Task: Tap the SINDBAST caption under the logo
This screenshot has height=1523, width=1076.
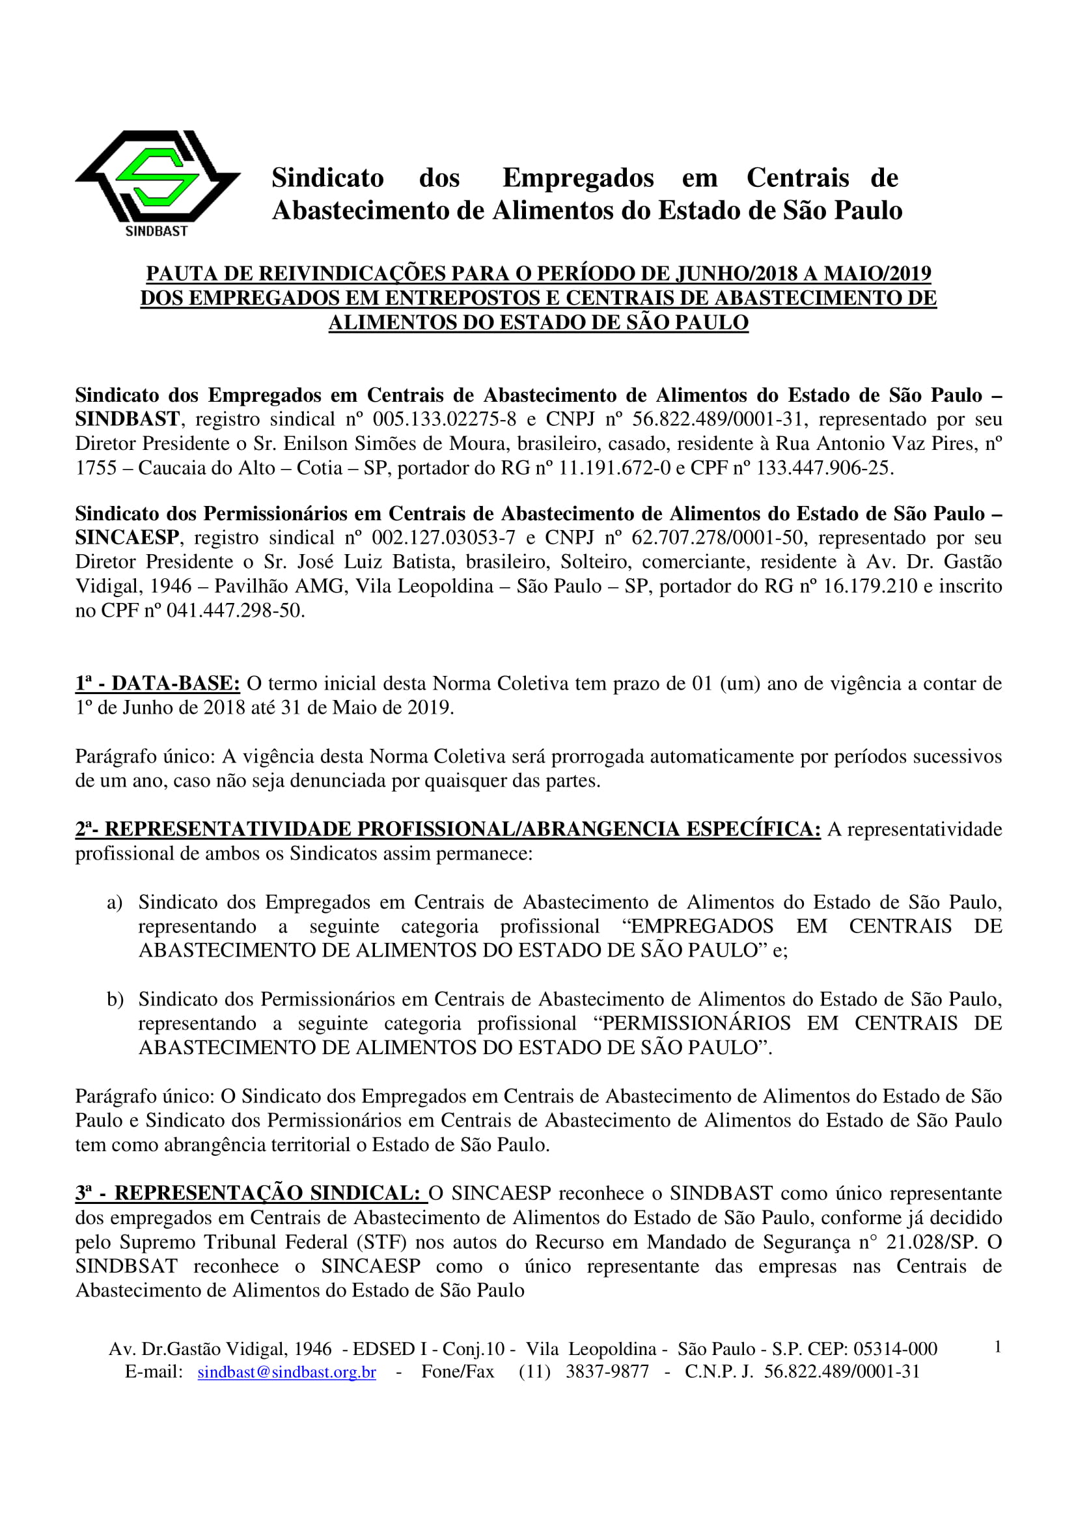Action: tap(156, 231)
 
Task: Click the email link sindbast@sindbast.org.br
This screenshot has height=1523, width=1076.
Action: tap(286, 1372)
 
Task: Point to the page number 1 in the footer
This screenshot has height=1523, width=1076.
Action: tap(997, 1347)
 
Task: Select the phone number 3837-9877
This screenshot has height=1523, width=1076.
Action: tap(607, 1372)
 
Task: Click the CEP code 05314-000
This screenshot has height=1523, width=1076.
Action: tap(895, 1348)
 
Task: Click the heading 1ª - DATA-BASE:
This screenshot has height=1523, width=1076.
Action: tap(157, 683)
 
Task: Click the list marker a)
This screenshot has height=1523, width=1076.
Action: tap(115, 902)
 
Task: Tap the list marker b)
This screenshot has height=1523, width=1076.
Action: tap(115, 999)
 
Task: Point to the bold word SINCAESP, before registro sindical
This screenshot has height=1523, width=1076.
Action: tap(127, 537)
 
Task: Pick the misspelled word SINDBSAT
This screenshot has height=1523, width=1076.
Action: tap(126, 1266)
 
